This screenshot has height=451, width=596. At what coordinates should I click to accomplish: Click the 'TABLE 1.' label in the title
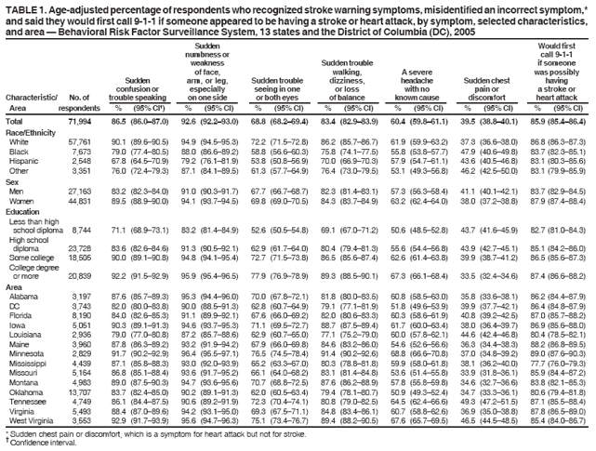coord(26,7)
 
